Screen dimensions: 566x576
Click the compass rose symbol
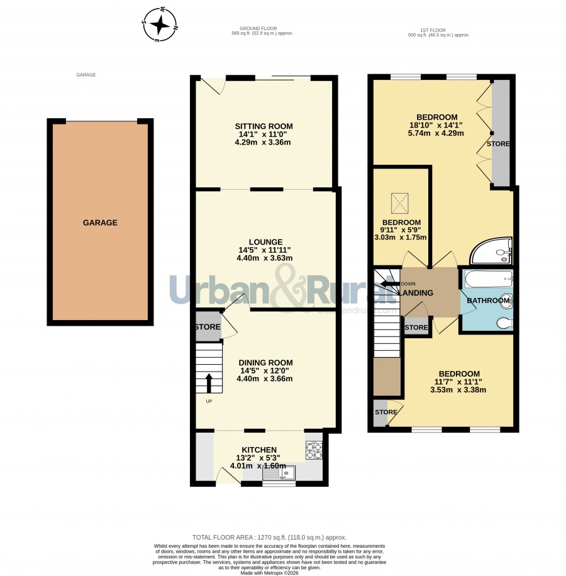click(160, 25)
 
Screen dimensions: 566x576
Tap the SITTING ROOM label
click(264, 126)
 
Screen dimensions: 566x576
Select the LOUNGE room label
click(265, 242)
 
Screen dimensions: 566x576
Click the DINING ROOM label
click(265, 363)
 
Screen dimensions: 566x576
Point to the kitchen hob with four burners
click(314, 450)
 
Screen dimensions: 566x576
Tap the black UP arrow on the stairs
click(209, 384)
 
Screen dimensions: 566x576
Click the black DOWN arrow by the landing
click(390, 284)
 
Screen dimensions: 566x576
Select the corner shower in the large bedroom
click(491, 250)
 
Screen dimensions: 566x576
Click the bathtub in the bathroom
click(489, 279)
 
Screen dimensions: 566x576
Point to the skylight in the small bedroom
click(399, 204)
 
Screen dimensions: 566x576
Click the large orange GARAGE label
click(100, 223)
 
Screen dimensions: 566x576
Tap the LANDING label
click(416, 293)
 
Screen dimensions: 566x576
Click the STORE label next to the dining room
click(208, 327)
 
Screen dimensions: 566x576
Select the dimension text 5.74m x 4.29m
click(436, 133)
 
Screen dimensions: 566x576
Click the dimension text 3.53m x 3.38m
click(458, 390)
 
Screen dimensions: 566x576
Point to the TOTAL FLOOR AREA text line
click(270, 538)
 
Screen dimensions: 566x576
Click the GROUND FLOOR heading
click(258, 28)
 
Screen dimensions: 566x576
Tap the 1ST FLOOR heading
click(433, 30)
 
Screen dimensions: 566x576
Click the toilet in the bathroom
click(504, 323)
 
